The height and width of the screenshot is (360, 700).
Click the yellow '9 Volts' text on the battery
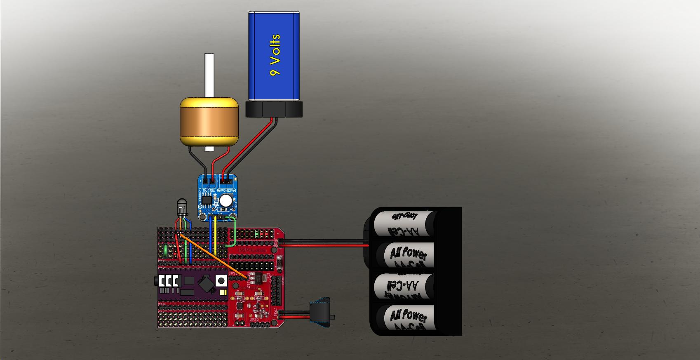(275, 55)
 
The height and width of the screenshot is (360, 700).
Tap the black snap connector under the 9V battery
(274, 110)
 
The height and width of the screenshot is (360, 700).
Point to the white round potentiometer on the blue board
(225, 201)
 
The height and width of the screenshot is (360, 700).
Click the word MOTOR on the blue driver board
(209, 190)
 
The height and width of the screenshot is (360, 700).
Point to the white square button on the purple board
(221, 281)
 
